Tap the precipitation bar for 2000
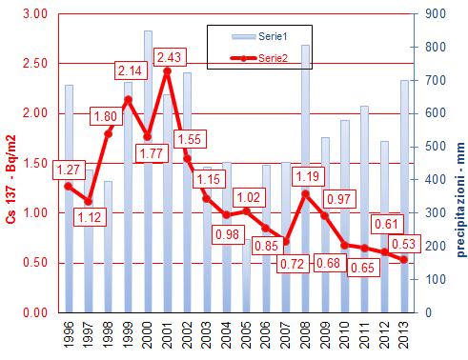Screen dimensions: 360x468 pos(148,171)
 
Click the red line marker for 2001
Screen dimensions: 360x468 pos(167,71)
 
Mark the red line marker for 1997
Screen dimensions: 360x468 pos(88,201)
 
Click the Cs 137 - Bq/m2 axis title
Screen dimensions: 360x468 pos(10,164)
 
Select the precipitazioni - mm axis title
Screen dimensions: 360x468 pos(458,164)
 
